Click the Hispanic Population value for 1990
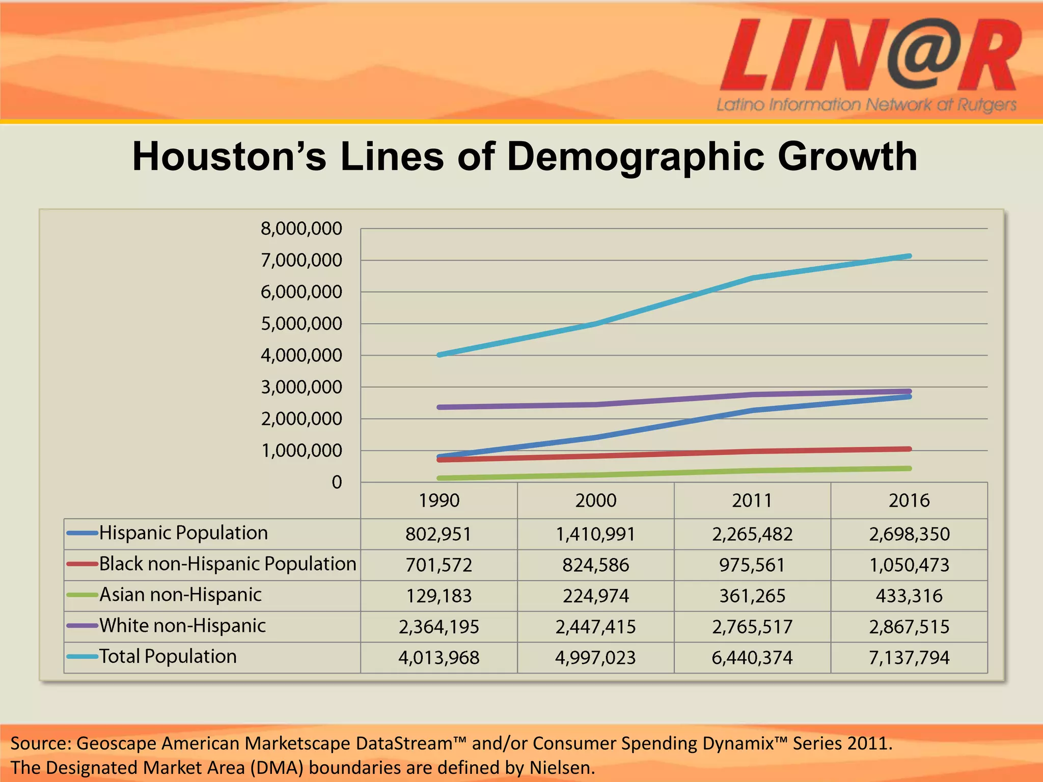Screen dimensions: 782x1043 pyautogui.click(x=438, y=534)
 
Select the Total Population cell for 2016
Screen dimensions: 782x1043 pyautogui.click(x=909, y=658)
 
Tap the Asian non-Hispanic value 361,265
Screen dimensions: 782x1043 pyautogui.click(x=752, y=596)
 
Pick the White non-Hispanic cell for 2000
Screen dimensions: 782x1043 pyautogui.click(x=595, y=627)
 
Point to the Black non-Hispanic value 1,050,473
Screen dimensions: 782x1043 pyautogui.click(x=909, y=565)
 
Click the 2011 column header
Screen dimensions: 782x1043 pyautogui.click(x=752, y=500)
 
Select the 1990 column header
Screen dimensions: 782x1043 pyautogui.click(x=438, y=500)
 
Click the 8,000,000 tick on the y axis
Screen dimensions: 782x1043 pyautogui.click(x=301, y=229)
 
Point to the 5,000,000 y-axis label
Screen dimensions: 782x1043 pyautogui.click(x=301, y=324)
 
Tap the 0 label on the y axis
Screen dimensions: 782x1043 pyautogui.click(x=337, y=482)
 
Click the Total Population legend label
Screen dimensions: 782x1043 pyautogui.click(x=168, y=656)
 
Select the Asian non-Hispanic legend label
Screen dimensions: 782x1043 pyautogui.click(x=180, y=595)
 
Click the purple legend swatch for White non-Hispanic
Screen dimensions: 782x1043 pyautogui.click(x=82, y=626)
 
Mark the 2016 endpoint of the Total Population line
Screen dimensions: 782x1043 pyautogui.click(x=909, y=256)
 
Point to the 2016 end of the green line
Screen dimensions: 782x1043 pyautogui.click(x=909, y=468)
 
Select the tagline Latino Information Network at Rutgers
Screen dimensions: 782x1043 pyautogui.click(x=866, y=105)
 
